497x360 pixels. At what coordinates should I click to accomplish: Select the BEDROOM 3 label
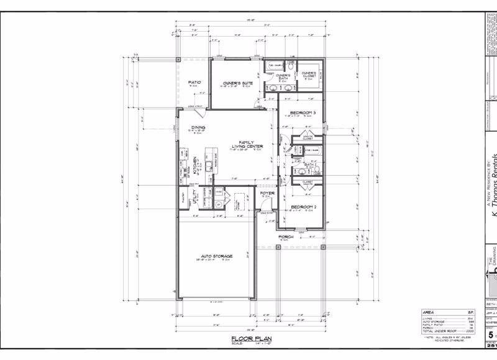tap(303, 112)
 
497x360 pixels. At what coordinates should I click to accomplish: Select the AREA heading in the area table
tap(428, 312)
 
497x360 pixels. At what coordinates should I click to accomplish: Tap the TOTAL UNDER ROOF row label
tap(435, 331)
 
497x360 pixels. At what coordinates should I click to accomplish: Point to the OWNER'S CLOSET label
tap(309, 74)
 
